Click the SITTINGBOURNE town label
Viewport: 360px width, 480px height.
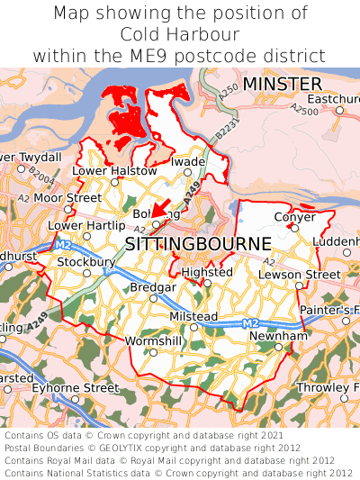(x=197, y=244)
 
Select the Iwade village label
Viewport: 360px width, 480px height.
(x=189, y=162)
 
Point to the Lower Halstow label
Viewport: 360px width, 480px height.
(x=114, y=170)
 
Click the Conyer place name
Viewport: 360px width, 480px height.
(x=294, y=217)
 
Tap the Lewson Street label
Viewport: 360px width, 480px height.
(x=300, y=274)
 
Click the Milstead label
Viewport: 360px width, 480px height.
(x=193, y=316)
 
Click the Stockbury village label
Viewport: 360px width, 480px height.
(x=86, y=262)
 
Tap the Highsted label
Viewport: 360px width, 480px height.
(x=206, y=272)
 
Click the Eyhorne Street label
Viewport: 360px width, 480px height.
(x=75, y=388)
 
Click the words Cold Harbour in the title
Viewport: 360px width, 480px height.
(x=180, y=34)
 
